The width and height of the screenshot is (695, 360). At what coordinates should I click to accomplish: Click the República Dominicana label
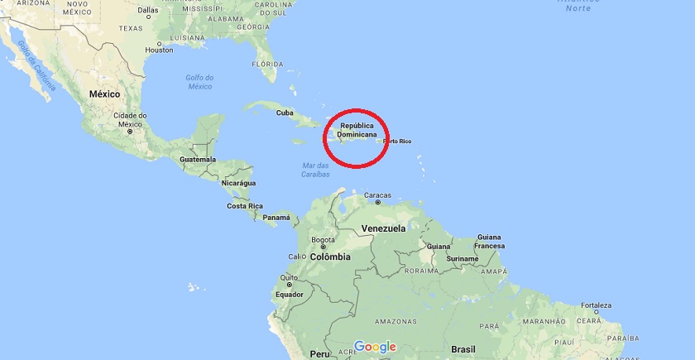[x=357, y=130]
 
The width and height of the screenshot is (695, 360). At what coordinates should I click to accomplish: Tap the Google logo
[x=374, y=347]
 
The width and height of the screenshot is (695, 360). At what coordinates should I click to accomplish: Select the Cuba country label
[x=285, y=113]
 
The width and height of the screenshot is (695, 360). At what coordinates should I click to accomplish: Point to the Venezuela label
[x=383, y=228]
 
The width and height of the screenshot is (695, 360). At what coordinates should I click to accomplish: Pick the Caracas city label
[x=377, y=195]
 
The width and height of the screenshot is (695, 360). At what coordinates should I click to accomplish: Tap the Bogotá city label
[x=322, y=240]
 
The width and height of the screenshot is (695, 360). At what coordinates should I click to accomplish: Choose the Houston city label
[x=159, y=50]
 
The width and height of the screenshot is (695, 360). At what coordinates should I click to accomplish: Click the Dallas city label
[x=147, y=11]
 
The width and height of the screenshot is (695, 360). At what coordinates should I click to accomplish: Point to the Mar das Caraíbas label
[x=314, y=170]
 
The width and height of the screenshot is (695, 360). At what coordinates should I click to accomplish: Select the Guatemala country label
[x=197, y=159]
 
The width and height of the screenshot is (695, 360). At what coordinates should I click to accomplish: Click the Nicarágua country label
[x=237, y=182]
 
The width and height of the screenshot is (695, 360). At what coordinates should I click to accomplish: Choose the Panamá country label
[x=276, y=218]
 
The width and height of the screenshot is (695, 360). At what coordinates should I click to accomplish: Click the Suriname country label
[x=462, y=258]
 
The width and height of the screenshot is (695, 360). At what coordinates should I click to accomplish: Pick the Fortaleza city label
[x=596, y=305]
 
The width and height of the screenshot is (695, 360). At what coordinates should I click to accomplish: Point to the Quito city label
[x=290, y=277]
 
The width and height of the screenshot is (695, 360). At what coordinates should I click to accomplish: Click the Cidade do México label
[x=130, y=119]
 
